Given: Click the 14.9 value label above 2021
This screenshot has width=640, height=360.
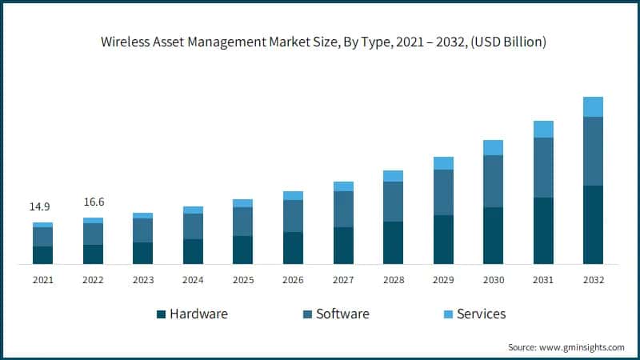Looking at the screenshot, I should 40,207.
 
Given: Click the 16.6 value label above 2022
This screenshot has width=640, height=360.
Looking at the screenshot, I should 93,202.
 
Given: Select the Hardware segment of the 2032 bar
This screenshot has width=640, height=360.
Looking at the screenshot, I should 593,225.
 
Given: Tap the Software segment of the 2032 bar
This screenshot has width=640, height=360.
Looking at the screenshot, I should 593,151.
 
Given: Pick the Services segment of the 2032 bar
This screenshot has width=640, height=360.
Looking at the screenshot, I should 593,106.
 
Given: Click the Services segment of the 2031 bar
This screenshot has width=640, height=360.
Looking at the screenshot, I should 543,130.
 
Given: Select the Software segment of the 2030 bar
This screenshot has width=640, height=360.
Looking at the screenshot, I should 494,181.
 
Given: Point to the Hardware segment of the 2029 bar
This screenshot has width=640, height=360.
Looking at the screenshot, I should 443,239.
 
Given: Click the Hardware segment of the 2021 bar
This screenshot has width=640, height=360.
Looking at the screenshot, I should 42,255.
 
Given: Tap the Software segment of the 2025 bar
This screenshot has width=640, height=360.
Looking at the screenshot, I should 243,222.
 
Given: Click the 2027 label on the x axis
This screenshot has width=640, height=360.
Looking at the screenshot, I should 343,280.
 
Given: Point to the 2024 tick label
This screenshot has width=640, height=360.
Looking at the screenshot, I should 193,280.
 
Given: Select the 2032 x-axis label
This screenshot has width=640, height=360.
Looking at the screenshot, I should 593,280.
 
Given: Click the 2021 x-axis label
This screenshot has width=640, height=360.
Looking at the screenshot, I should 42,280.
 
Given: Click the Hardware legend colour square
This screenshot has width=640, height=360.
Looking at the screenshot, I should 161,314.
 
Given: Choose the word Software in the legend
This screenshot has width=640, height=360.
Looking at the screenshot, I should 342,314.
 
